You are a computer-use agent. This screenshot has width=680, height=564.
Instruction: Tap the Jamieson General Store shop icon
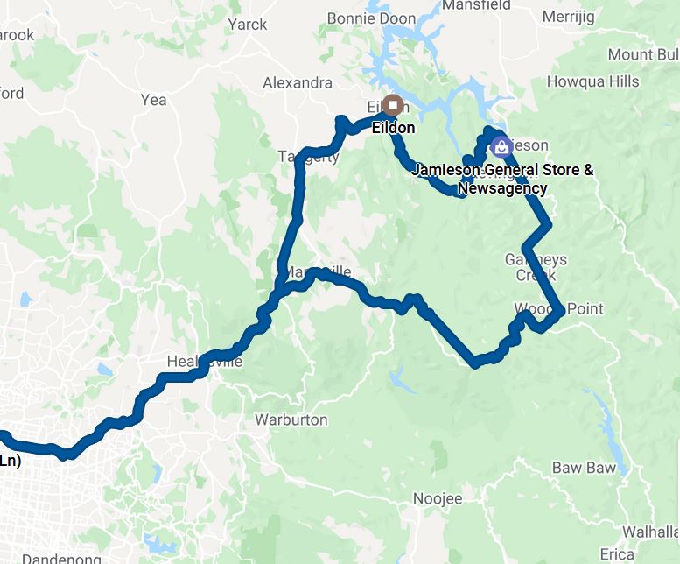500,147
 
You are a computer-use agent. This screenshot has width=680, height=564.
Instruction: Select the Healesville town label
204,362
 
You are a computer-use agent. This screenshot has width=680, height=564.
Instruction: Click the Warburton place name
291,419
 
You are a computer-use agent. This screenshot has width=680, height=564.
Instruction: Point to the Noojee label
437,498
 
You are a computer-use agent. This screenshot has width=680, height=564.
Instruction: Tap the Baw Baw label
584,468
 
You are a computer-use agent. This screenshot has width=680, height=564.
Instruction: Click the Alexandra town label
298,83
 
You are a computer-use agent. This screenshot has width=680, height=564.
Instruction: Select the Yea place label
153,100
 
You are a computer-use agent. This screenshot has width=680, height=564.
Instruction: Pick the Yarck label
247,25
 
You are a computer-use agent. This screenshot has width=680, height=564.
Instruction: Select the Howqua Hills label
592,81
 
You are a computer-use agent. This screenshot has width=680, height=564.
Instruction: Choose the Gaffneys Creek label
536,267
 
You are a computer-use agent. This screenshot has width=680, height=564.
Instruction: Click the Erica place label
617,554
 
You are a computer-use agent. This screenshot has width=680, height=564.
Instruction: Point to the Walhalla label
650,532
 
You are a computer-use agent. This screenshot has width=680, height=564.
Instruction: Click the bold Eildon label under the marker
393,128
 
